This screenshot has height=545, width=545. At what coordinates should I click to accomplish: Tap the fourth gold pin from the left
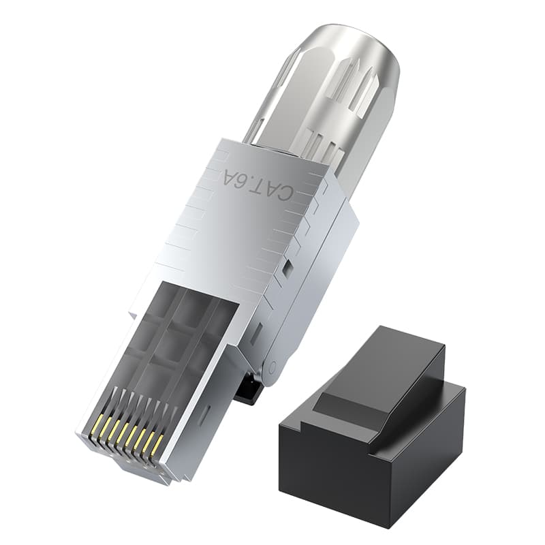(121, 433)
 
